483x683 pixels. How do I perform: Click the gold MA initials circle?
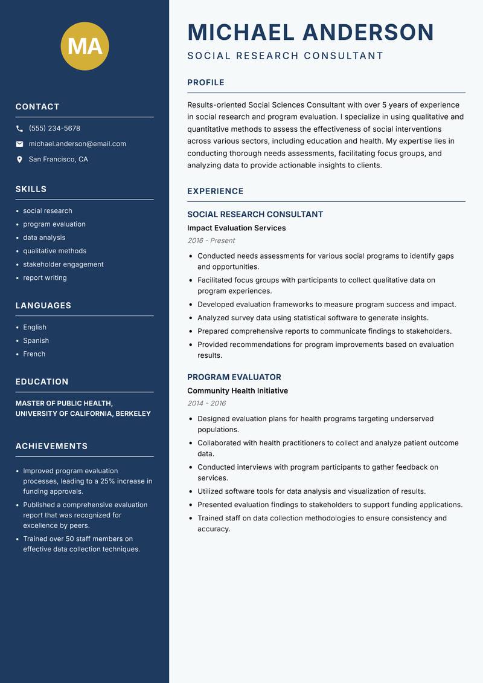pos(85,46)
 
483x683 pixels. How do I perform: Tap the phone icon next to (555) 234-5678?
pos(19,129)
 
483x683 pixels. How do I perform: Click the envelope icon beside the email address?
pos(19,144)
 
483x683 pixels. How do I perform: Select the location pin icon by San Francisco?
pos(19,160)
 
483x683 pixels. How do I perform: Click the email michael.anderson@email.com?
pos(77,144)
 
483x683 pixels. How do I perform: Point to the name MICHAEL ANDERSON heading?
pos(310,32)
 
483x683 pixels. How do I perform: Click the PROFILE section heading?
pos(205,83)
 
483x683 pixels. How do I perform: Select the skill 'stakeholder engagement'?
pos(63,264)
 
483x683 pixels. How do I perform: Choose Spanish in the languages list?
pos(36,340)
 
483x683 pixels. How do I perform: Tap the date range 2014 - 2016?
pos(206,403)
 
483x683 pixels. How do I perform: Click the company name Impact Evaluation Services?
pos(236,228)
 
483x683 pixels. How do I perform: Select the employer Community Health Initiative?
pos(237,390)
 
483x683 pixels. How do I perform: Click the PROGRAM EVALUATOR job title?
pos(234,377)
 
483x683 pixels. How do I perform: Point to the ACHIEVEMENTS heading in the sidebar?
pos(51,446)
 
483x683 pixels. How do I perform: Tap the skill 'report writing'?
pos(45,277)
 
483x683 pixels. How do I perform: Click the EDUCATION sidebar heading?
pos(42,382)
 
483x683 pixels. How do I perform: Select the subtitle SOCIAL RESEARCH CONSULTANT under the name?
pos(285,56)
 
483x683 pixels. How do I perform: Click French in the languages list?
pos(34,354)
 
